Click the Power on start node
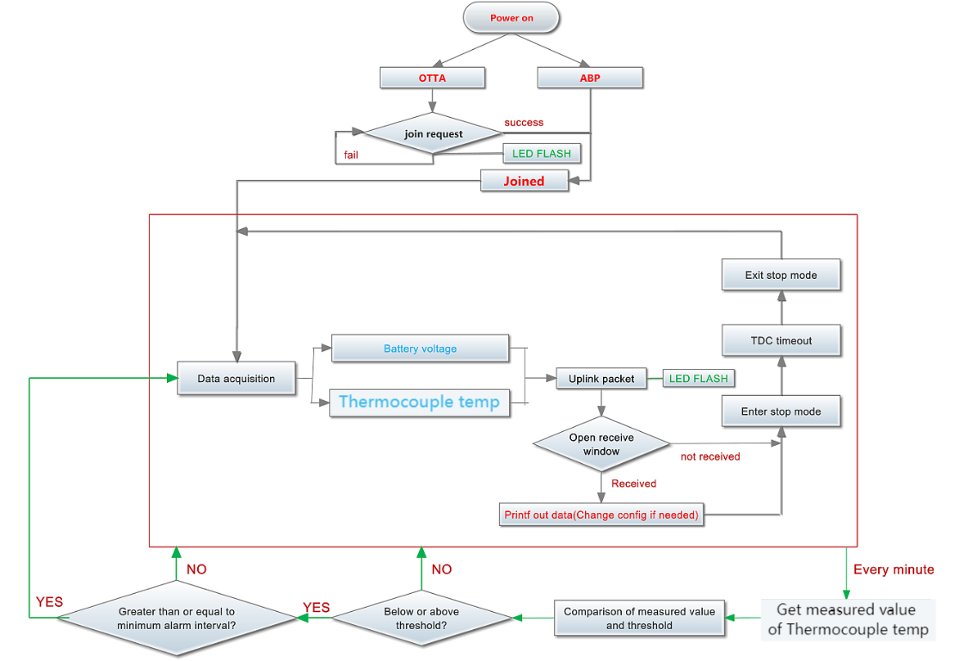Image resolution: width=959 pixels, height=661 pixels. tap(511, 18)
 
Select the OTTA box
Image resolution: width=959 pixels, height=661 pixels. tap(433, 77)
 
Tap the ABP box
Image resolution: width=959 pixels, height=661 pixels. tap(590, 77)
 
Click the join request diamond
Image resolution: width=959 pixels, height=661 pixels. tap(433, 133)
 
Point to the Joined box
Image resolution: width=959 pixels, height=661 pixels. tap(524, 181)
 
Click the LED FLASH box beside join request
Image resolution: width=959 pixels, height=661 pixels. tap(542, 153)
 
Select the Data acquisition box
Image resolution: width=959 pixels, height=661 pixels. tap(237, 378)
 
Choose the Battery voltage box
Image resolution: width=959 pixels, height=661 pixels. tap(421, 349)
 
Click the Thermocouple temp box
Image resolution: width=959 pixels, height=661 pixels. tap(420, 402)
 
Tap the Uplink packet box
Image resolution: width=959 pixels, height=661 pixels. tap(601, 379)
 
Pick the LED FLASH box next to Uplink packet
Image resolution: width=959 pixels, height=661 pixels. tap(698, 379)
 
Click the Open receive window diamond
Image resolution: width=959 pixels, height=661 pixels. tap(601, 444)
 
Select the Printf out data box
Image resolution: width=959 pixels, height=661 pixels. tap(601, 515)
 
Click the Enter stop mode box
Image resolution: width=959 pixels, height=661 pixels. tap(781, 411)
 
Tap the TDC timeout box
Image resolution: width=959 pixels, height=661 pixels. tap(781, 340)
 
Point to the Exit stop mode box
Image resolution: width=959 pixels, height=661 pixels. tap(781, 275)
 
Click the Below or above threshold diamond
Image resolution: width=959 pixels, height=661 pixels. tap(421, 618)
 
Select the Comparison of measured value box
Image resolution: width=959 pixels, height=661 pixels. tap(639, 618)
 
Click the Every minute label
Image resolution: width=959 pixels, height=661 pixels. tap(894, 569)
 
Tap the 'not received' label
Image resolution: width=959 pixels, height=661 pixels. tap(710, 456)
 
